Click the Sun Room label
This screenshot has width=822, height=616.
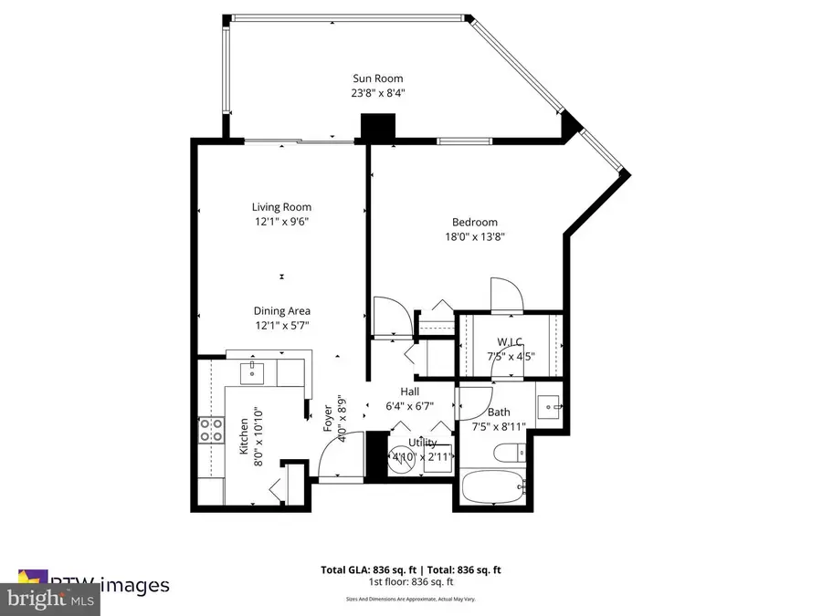pos(378,78)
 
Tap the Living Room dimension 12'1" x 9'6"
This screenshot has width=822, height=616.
pos(282,221)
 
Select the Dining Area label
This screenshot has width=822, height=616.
pos(282,311)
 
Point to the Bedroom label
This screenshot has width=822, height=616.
pos(475,222)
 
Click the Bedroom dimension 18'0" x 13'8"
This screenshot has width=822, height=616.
pos(475,236)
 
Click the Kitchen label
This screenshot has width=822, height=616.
pos(244,436)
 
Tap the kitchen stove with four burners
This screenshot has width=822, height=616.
pos(212,430)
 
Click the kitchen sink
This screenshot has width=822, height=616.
pos(253,371)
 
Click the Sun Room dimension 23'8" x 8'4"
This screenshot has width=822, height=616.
pos(378,93)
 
